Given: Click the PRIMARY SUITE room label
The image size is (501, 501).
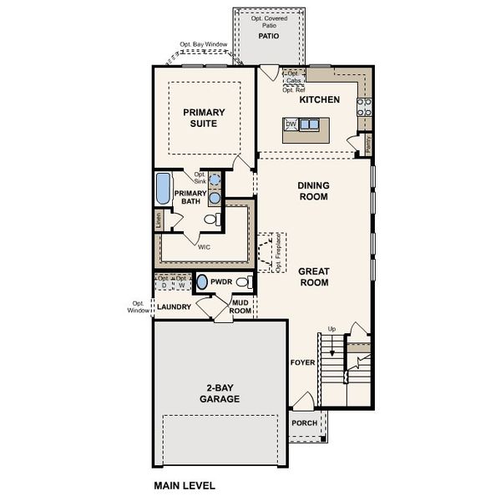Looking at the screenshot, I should [x=200, y=117].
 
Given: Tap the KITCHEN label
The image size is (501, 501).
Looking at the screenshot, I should [x=320, y=99].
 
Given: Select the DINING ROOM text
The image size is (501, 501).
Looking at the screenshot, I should [x=313, y=191].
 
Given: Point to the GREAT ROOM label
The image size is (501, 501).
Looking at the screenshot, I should [x=313, y=277].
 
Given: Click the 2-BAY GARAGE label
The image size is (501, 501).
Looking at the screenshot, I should [x=220, y=394].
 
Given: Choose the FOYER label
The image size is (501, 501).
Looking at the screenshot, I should [x=302, y=362].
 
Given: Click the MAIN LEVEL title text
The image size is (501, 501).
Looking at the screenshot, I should [x=185, y=484].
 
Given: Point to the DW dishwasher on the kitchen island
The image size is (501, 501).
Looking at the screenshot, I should [x=291, y=124].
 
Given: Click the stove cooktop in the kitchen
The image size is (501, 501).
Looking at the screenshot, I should [x=365, y=106].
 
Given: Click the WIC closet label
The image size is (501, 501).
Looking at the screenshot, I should [x=204, y=247].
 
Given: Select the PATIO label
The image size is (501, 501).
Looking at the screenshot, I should [x=267, y=37].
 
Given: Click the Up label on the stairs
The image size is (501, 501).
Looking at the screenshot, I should [x=332, y=328].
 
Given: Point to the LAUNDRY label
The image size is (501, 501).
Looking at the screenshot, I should [x=174, y=306].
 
